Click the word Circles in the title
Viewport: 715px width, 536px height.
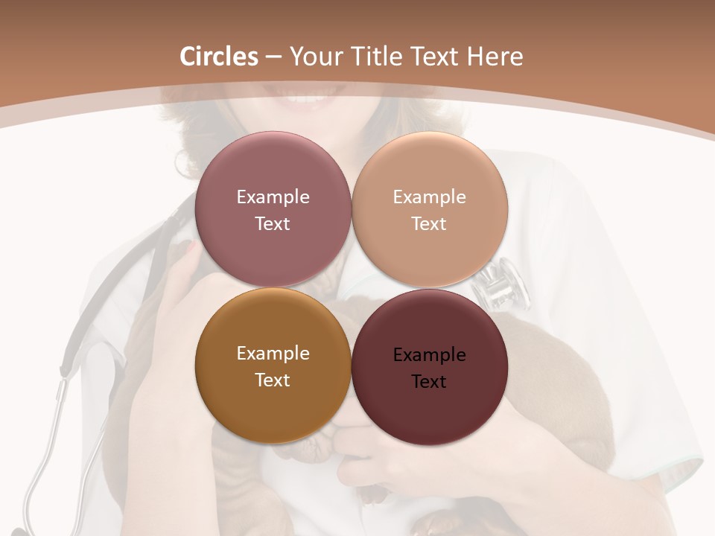point(218,57)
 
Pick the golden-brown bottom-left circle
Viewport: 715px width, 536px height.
point(273,409)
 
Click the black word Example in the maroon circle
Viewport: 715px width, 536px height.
point(429,355)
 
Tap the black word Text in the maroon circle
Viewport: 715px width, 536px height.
point(429,382)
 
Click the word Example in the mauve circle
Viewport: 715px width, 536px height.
point(273,197)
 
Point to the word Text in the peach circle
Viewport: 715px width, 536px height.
point(429,224)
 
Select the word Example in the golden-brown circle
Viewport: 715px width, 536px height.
point(273,354)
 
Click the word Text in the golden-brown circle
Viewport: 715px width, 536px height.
point(273,380)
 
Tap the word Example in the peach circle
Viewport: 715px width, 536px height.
point(429,197)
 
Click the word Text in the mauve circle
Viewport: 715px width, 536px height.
point(273,224)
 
